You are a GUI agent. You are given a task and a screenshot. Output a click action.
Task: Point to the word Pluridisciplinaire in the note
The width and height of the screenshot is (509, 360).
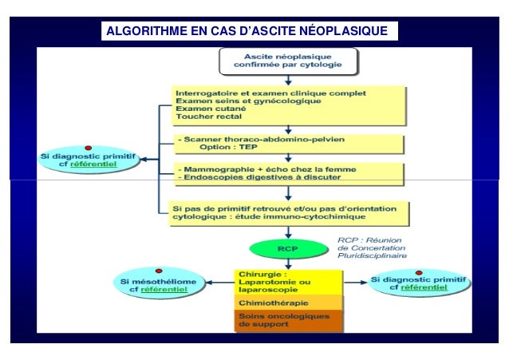(x=372, y=256)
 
